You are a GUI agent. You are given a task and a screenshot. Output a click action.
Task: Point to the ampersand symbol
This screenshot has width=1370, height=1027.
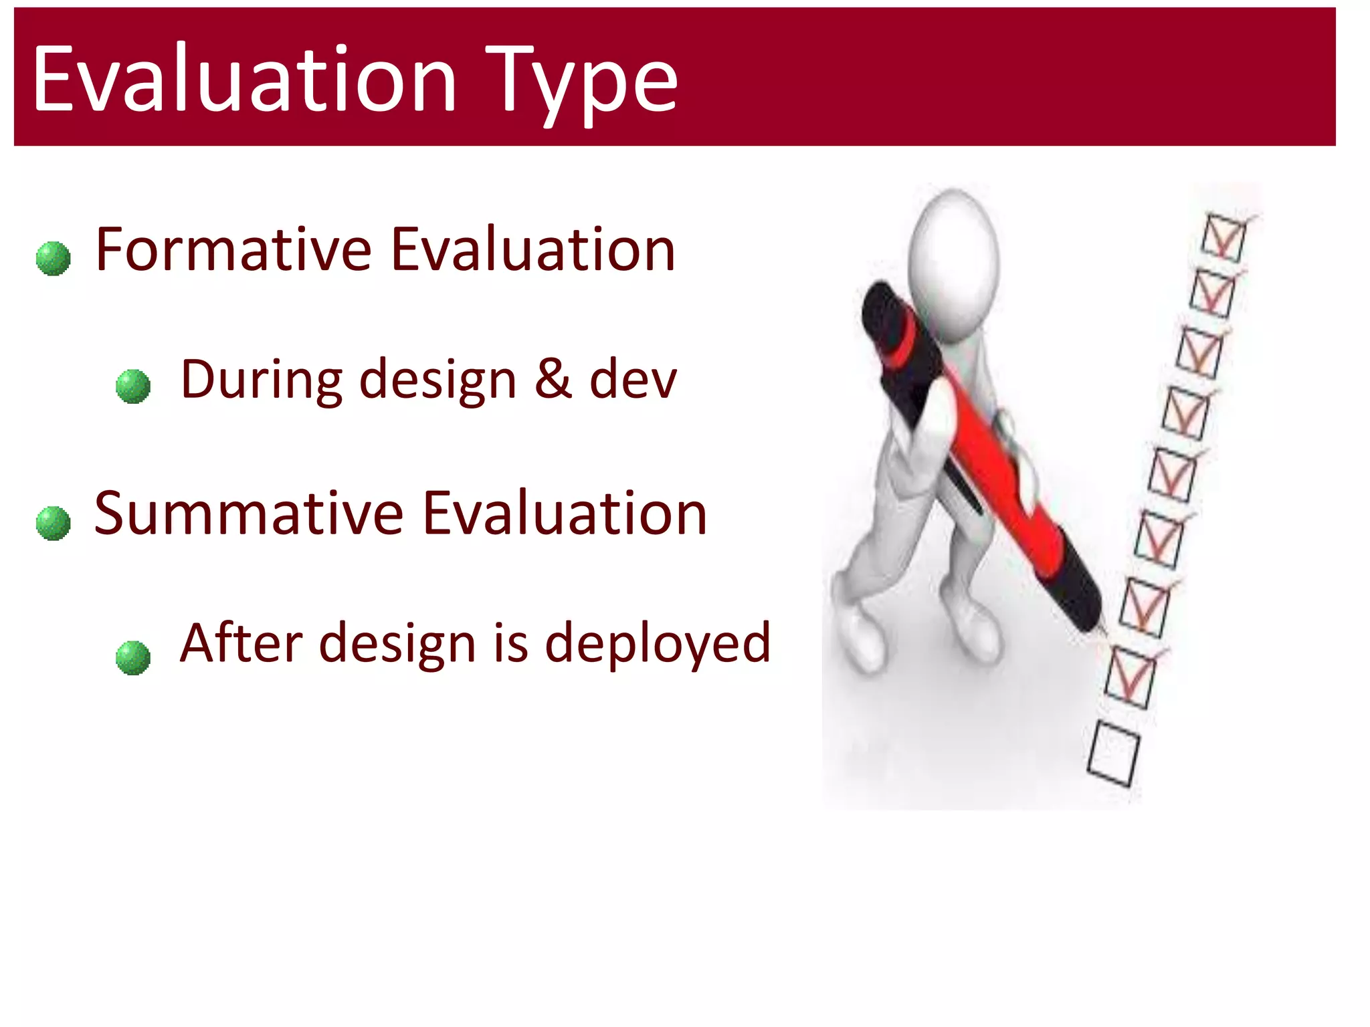[553, 378]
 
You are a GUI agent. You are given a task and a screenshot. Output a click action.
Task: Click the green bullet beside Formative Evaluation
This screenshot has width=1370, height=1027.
[54, 259]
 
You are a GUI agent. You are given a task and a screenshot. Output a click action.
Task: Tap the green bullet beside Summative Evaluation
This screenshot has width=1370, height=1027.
[54, 523]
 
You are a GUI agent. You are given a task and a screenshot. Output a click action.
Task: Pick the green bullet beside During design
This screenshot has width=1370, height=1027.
[133, 386]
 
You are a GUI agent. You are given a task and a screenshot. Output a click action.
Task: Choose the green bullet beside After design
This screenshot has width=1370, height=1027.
[133, 658]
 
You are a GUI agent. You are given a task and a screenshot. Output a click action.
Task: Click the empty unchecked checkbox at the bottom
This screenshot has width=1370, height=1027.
[1113, 754]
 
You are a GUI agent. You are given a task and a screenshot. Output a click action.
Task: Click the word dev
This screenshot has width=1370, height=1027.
[632, 378]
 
